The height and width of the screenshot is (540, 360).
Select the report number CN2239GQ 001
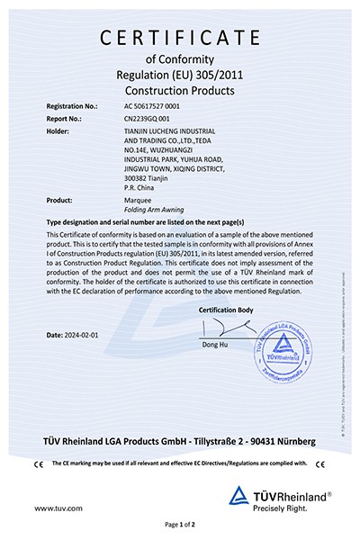tap(150, 118)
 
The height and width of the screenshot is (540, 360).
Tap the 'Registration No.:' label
tap(73, 106)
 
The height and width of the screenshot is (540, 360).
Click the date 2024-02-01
tap(76, 335)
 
